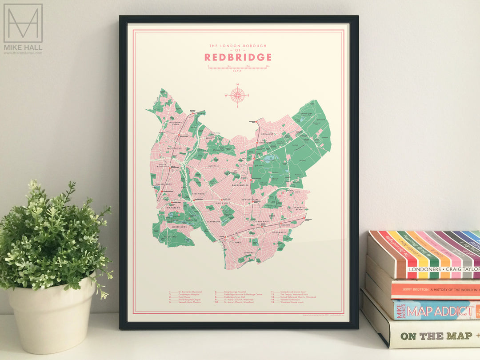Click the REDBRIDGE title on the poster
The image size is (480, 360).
(238, 57)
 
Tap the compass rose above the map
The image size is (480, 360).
(238, 95)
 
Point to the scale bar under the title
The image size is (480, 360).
(238, 68)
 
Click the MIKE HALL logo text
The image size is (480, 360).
(23, 47)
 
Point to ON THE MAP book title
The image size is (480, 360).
(430, 336)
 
